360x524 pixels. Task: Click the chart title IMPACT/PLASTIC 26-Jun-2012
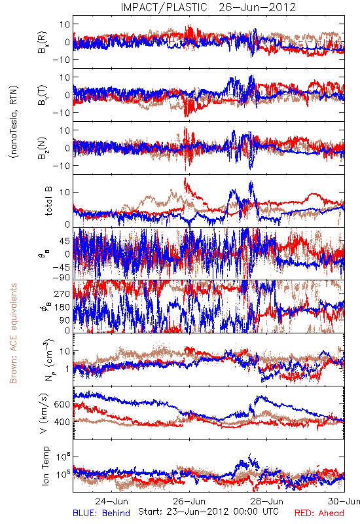(x=208, y=7)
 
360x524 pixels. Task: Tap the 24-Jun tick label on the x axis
(x=111, y=501)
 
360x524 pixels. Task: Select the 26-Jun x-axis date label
(x=189, y=501)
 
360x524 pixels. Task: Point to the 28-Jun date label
(x=267, y=501)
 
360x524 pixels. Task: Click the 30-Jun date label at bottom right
(x=344, y=501)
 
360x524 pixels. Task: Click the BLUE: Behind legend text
(x=101, y=513)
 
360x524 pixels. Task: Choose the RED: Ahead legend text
(x=319, y=513)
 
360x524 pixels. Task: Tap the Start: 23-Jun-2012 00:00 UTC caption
(x=208, y=512)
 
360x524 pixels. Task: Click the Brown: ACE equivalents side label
(x=13, y=333)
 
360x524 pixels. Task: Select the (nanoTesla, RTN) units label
(x=14, y=122)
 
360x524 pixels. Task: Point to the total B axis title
(x=48, y=201)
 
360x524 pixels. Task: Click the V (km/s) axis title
(x=44, y=413)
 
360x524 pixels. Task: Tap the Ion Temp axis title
(x=45, y=466)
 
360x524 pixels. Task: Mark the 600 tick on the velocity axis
(x=62, y=404)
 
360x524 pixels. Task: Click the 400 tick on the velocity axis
(x=62, y=422)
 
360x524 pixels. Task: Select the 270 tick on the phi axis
(x=62, y=293)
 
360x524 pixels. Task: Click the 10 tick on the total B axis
(x=65, y=192)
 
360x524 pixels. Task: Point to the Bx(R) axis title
(x=43, y=43)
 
